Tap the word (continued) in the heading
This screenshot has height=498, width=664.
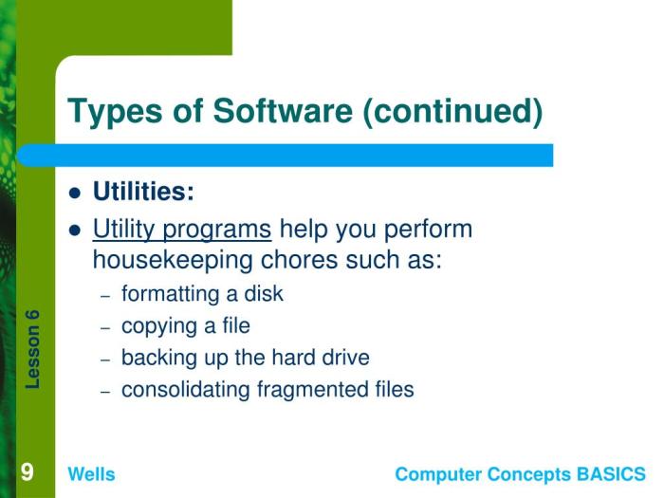point(452,112)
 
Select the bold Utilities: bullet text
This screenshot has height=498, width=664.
point(143,192)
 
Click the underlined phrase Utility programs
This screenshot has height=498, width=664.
point(181,230)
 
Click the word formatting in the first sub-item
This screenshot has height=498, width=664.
point(166,294)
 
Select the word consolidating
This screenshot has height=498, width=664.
point(186,390)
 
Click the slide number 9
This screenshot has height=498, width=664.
point(28,472)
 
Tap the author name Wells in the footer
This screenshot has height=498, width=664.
point(91,474)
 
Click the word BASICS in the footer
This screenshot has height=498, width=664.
point(612,474)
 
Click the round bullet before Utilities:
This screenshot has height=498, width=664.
point(76,194)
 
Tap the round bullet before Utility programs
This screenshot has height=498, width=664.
point(76,231)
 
